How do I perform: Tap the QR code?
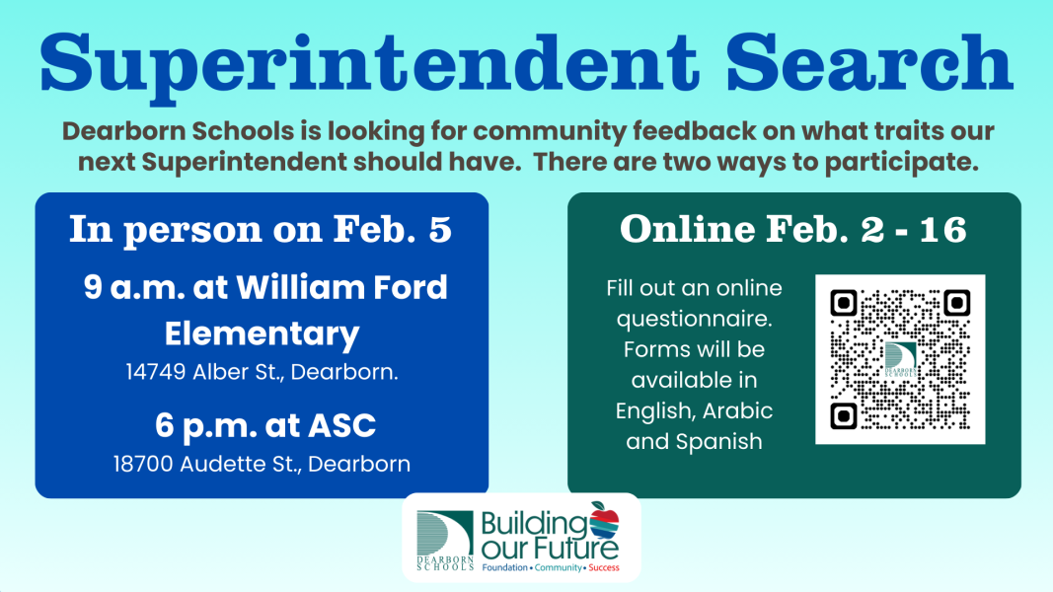pyautogui.click(x=900, y=359)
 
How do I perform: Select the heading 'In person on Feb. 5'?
pyautogui.click(x=261, y=229)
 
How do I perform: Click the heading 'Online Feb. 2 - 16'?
pyautogui.click(x=793, y=229)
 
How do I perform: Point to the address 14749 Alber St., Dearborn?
pyautogui.click(x=262, y=372)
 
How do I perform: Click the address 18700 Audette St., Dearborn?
pyautogui.click(x=262, y=464)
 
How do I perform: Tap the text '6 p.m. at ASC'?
pyautogui.click(x=265, y=426)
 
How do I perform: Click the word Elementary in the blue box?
pyautogui.click(x=262, y=333)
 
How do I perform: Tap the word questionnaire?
pyautogui.click(x=694, y=319)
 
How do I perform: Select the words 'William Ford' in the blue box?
pyautogui.click(x=341, y=288)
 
